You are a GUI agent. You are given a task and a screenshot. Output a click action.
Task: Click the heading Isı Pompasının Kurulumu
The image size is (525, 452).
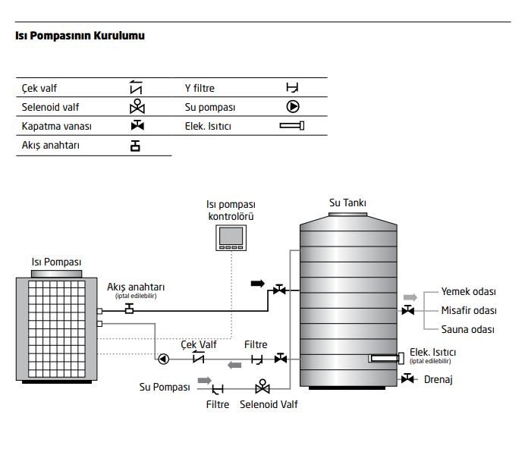[x=80, y=36]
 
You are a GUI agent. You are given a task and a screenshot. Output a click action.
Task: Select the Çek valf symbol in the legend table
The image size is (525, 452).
[x=136, y=87]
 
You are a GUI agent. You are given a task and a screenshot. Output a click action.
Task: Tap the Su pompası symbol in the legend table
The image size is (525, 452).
[x=293, y=106]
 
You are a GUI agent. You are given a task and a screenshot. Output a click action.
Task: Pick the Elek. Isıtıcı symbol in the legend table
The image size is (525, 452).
[x=292, y=126]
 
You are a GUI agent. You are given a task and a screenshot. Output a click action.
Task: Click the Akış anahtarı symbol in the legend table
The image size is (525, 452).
[x=135, y=146]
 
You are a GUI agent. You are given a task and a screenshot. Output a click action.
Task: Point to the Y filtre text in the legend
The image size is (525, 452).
[x=200, y=88]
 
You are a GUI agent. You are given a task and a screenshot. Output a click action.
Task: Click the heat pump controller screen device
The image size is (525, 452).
[x=231, y=237]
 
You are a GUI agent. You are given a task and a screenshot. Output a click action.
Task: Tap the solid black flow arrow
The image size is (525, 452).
[x=258, y=284]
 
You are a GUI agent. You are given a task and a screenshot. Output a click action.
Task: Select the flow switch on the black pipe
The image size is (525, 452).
[x=129, y=309]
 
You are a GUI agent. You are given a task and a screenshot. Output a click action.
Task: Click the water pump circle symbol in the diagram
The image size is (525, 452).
[x=163, y=359]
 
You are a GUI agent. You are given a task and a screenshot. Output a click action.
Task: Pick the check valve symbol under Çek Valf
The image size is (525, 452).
[x=199, y=358]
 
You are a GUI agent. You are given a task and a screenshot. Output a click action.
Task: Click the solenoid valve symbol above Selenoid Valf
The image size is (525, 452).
[x=262, y=386]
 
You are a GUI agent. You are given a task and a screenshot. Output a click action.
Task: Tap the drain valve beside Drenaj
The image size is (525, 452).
[x=407, y=378]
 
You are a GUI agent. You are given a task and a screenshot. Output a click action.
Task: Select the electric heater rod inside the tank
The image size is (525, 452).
[x=386, y=358]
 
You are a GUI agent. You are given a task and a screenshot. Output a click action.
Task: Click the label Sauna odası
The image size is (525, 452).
[x=468, y=329]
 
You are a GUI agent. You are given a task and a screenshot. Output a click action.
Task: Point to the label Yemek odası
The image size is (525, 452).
[x=468, y=292]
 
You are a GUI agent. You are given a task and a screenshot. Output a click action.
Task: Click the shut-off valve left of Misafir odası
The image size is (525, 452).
[x=408, y=310]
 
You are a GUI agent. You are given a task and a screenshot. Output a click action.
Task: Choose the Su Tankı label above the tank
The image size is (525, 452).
[x=347, y=203]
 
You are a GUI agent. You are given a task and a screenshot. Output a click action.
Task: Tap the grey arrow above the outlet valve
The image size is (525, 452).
[x=410, y=297]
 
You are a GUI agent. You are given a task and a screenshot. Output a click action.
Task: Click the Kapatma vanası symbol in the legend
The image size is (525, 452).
[x=137, y=125]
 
